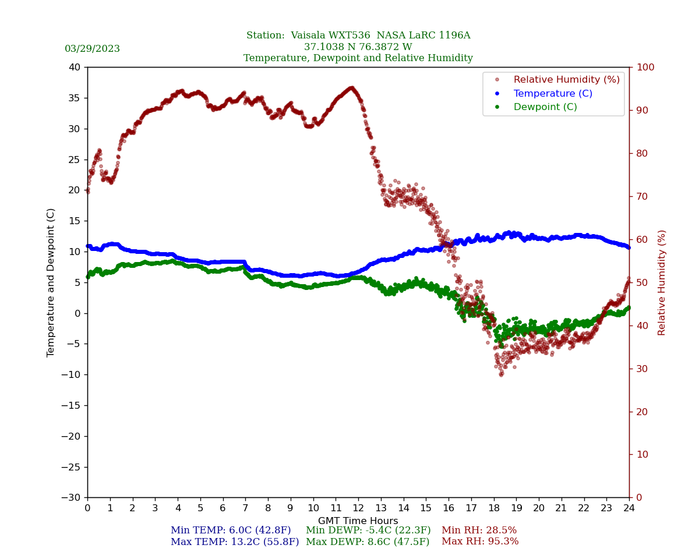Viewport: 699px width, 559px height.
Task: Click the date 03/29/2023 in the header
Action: [92, 49]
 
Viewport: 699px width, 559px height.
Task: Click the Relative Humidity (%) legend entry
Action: [566, 80]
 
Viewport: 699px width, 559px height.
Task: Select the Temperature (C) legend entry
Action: [552, 94]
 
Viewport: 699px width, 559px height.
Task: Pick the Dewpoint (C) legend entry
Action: [545, 107]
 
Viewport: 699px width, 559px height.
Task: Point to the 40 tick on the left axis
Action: [75, 68]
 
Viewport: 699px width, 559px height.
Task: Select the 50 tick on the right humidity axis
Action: [641, 282]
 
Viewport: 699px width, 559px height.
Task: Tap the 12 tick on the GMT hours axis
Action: [358, 508]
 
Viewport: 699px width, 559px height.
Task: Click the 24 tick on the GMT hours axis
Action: [629, 508]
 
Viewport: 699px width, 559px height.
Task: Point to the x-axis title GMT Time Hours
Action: [358, 521]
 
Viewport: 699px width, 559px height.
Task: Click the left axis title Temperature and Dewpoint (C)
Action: [51, 282]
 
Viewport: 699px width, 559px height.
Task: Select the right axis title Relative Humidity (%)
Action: [662, 282]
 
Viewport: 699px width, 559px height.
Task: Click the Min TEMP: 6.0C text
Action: [231, 530]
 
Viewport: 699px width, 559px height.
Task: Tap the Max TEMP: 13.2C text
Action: [235, 542]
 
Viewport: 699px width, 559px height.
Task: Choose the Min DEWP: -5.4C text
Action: [368, 530]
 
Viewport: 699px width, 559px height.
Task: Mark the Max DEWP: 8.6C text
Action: [368, 542]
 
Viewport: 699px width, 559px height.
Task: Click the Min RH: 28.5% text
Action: [479, 530]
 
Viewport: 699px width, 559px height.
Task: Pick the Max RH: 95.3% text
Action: [480, 542]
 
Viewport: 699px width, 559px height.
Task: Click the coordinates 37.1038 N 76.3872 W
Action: [358, 47]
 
